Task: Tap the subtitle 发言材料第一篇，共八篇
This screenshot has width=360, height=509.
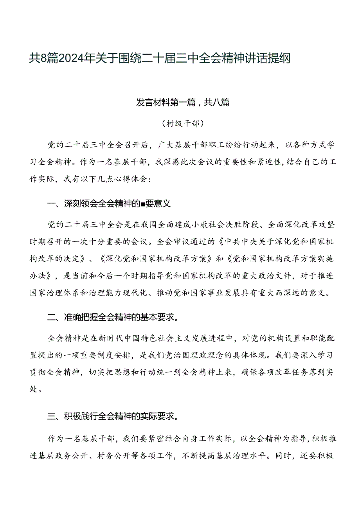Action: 182,103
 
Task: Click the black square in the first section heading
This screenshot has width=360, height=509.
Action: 144,203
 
